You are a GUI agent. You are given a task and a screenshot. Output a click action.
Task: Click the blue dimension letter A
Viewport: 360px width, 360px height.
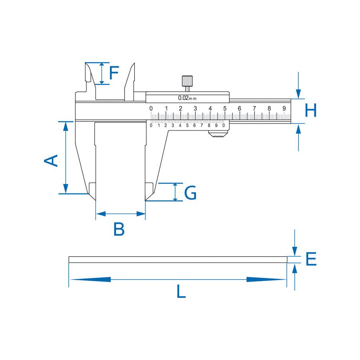(x=51, y=160)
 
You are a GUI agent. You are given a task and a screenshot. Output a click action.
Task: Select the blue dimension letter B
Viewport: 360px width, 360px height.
(x=119, y=229)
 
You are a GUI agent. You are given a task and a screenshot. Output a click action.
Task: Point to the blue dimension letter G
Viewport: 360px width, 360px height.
(x=190, y=192)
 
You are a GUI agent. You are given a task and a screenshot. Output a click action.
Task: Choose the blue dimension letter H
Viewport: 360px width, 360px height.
(x=311, y=110)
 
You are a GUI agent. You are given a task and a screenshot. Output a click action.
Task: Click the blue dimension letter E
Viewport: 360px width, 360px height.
(x=311, y=259)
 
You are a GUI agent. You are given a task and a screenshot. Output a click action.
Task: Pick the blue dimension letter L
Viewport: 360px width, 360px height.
(x=181, y=291)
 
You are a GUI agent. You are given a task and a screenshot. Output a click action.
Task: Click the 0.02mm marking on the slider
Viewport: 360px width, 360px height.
(x=187, y=98)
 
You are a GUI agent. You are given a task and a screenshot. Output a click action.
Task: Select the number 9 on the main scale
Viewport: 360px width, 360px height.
(x=284, y=108)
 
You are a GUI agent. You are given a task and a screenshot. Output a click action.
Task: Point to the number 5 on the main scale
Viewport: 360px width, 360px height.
(x=225, y=108)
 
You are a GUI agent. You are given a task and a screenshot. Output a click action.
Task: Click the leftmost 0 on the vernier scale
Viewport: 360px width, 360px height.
(x=151, y=125)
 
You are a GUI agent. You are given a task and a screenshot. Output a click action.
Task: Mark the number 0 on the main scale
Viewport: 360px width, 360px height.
(x=151, y=108)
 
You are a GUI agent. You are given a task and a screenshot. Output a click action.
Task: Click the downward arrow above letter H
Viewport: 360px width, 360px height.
(x=298, y=85)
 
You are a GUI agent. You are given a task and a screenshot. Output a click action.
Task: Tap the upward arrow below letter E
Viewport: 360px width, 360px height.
(x=295, y=277)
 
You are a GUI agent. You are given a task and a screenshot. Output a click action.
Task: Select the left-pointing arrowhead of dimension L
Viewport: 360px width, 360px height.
(x=90, y=280)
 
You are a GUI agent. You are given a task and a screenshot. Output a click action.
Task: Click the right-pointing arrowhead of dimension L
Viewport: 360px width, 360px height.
(x=266, y=280)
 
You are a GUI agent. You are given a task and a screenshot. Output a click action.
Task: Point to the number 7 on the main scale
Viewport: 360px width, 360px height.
(x=254, y=108)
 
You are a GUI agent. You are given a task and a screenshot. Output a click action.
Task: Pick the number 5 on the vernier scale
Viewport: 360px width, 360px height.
(x=187, y=125)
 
